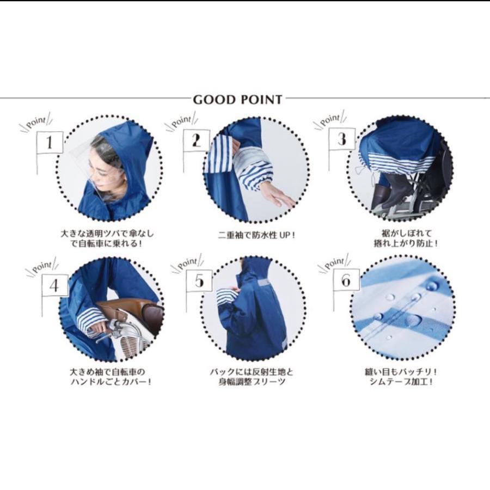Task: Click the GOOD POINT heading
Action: (237, 100)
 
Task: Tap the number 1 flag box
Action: (50, 143)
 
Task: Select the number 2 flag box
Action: (197, 140)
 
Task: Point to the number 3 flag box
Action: (342, 139)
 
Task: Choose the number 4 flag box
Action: (55, 286)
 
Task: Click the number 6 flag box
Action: (346, 280)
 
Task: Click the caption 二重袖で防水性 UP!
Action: (256, 234)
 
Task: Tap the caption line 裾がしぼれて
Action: (406, 233)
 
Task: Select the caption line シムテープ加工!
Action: (402, 382)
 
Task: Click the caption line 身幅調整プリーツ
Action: (252, 382)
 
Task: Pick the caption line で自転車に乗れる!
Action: (105, 243)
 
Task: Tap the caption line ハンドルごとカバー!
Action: (111, 382)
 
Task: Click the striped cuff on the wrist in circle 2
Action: (256, 180)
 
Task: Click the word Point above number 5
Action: (188, 263)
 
